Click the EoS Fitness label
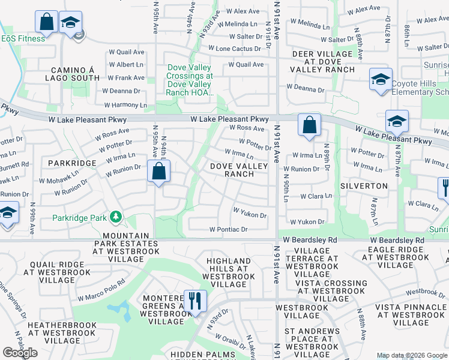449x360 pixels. [23, 38]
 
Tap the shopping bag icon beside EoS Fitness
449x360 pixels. [46, 22]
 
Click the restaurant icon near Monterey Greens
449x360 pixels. [194, 301]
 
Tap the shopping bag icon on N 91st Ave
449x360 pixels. [309, 125]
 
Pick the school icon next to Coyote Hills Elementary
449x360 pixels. [381, 80]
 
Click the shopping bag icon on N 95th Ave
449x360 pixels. [158, 172]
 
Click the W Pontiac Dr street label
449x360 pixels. [228, 229]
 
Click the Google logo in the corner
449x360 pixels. [20, 353]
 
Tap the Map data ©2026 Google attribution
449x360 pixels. [412, 355]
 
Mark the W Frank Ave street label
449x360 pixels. [126, 77]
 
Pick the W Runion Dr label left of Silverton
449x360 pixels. [302, 169]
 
